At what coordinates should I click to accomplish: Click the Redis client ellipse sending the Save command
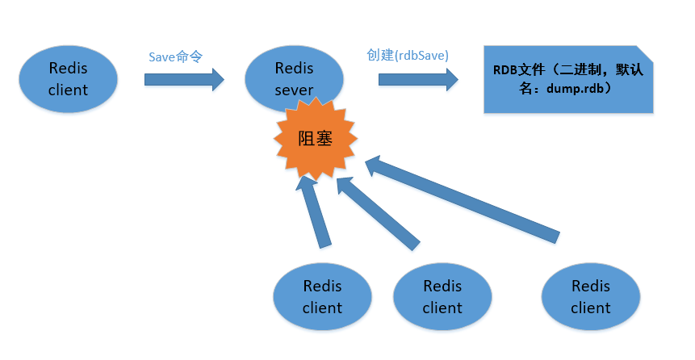click(68, 78)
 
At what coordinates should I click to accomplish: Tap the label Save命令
click(175, 57)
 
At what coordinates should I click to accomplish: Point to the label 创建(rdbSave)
click(408, 55)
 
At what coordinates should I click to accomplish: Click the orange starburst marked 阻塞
click(315, 139)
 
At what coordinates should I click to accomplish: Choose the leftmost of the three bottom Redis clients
click(322, 296)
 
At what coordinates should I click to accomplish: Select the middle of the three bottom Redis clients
click(442, 296)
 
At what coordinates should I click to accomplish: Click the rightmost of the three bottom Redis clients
click(591, 296)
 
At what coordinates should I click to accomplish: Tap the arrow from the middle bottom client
click(377, 211)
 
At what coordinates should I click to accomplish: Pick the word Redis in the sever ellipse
click(294, 67)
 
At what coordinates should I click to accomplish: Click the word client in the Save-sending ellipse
click(68, 89)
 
